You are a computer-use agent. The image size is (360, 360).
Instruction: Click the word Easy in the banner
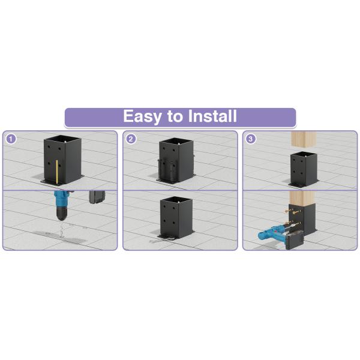point(142,116)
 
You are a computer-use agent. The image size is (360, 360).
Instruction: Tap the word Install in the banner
point(212,116)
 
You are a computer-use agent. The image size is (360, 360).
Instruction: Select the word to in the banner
point(175,116)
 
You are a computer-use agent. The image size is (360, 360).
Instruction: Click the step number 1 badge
point(11,139)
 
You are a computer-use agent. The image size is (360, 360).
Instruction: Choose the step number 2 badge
point(131,139)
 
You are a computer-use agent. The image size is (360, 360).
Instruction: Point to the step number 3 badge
point(250,139)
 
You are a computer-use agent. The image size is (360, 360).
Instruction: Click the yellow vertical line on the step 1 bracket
point(57,172)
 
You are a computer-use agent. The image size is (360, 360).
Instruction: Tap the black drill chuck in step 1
point(61,213)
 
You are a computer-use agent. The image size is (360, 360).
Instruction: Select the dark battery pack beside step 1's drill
point(97,197)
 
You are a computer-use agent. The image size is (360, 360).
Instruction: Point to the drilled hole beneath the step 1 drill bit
point(62,235)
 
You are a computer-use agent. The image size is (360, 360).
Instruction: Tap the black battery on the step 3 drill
point(295,240)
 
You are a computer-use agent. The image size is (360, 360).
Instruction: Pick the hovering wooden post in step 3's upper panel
point(303,139)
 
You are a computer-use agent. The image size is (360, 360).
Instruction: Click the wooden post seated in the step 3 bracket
point(302,198)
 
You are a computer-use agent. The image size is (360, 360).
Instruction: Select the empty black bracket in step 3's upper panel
point(304,169)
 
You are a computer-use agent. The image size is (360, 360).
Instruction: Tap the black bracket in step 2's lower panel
point(176,218)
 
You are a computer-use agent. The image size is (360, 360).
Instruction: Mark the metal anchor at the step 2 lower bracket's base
point(161,240)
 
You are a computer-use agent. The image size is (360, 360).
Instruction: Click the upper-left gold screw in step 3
point(287,210)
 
